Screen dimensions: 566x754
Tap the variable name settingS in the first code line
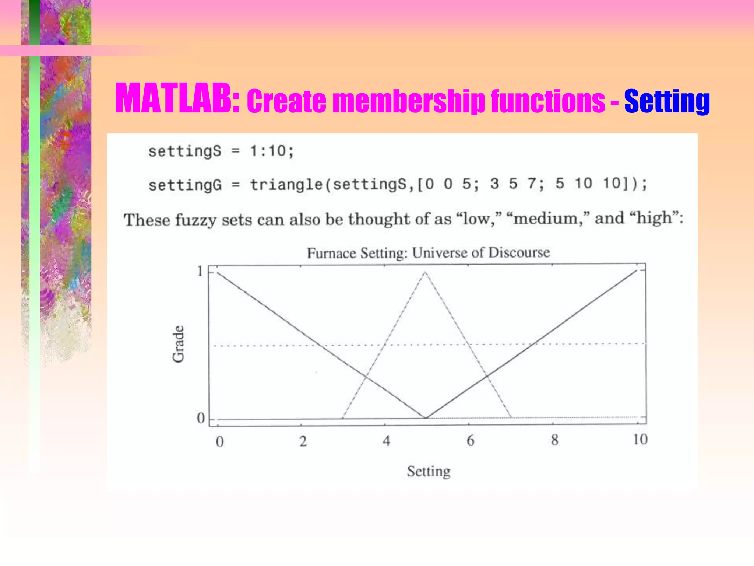(185, 151)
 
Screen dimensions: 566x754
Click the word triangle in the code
(286, 184)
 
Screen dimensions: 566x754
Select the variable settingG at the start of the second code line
(185, 185)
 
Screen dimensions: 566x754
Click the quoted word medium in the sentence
(546, 219)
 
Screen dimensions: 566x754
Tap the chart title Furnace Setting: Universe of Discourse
(428, 253)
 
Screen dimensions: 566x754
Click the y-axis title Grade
(178, 344)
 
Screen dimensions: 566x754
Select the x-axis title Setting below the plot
(429, 471)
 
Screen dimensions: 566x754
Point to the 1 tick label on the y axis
(200, 271)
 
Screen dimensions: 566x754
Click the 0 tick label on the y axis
(201, 418)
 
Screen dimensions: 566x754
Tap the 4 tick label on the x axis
(386, 441)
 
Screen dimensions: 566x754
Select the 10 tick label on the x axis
(640, 439)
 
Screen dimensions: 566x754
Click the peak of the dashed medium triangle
(425, 272)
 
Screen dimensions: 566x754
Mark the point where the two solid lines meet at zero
(426, 418)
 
